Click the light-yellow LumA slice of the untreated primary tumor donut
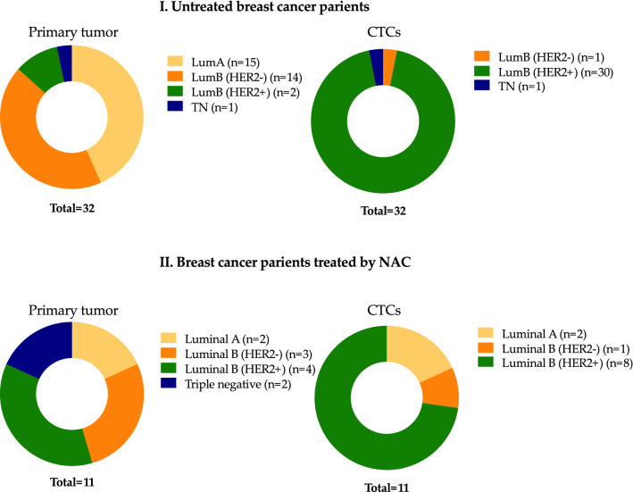tap(121, 107)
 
